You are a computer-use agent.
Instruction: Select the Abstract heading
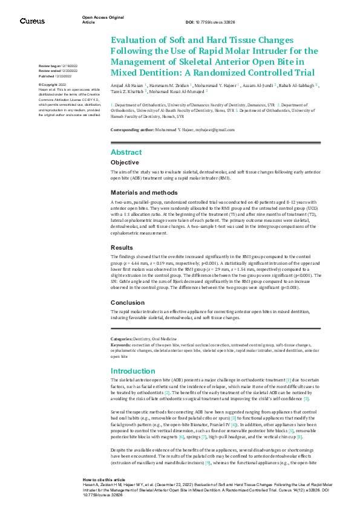coord(126,152)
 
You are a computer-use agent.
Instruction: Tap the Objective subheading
coord(125,163)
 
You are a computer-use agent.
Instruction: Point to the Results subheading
coord(123,248)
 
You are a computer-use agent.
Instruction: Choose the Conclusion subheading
coord(128,302)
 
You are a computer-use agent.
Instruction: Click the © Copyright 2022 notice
coord(52,85)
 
